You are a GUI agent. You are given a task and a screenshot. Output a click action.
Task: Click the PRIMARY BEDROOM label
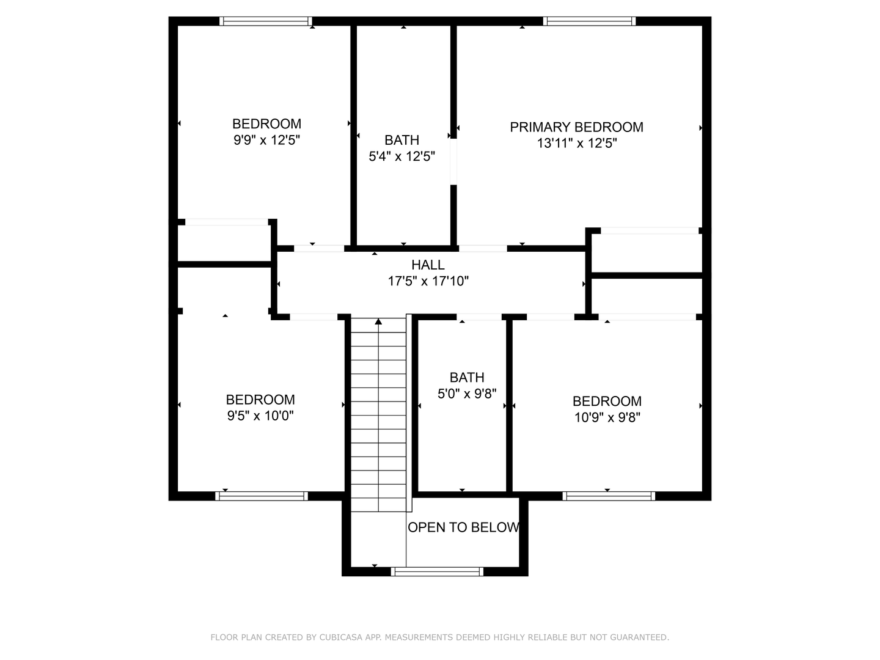point(576,127)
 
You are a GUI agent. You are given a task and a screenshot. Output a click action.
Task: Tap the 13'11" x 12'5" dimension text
point(577,144)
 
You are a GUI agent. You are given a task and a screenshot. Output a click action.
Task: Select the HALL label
point(428,265)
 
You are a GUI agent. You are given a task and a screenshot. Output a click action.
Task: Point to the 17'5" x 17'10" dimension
point(428,282)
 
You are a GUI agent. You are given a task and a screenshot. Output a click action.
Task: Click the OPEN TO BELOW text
point(463,527)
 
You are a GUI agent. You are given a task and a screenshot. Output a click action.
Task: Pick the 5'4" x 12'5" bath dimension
point(402,156)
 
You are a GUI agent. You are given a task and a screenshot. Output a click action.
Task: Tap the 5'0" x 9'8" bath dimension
point(467,394)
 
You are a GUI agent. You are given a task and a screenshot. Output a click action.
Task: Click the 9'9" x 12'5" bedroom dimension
point(266,140)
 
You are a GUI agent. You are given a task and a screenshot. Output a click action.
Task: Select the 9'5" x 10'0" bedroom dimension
point(260,416)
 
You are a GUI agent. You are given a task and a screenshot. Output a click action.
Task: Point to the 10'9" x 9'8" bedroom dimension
point(607,417)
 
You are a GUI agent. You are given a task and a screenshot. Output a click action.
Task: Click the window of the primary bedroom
point(589,21)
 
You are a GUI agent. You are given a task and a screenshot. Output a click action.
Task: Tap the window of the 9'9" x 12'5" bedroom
point(266,21)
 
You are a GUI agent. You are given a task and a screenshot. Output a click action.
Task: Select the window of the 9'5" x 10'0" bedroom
point(261,496)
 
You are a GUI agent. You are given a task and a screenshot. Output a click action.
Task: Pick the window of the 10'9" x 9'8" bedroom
point(609,496)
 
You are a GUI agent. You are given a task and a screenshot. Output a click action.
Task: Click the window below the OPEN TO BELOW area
point(437,572)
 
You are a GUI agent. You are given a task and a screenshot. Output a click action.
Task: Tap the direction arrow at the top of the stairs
point(378,321)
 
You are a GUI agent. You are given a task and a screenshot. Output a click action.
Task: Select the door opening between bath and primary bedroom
point(453,162)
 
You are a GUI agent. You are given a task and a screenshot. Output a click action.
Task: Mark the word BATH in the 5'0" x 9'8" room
point(467,378)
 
